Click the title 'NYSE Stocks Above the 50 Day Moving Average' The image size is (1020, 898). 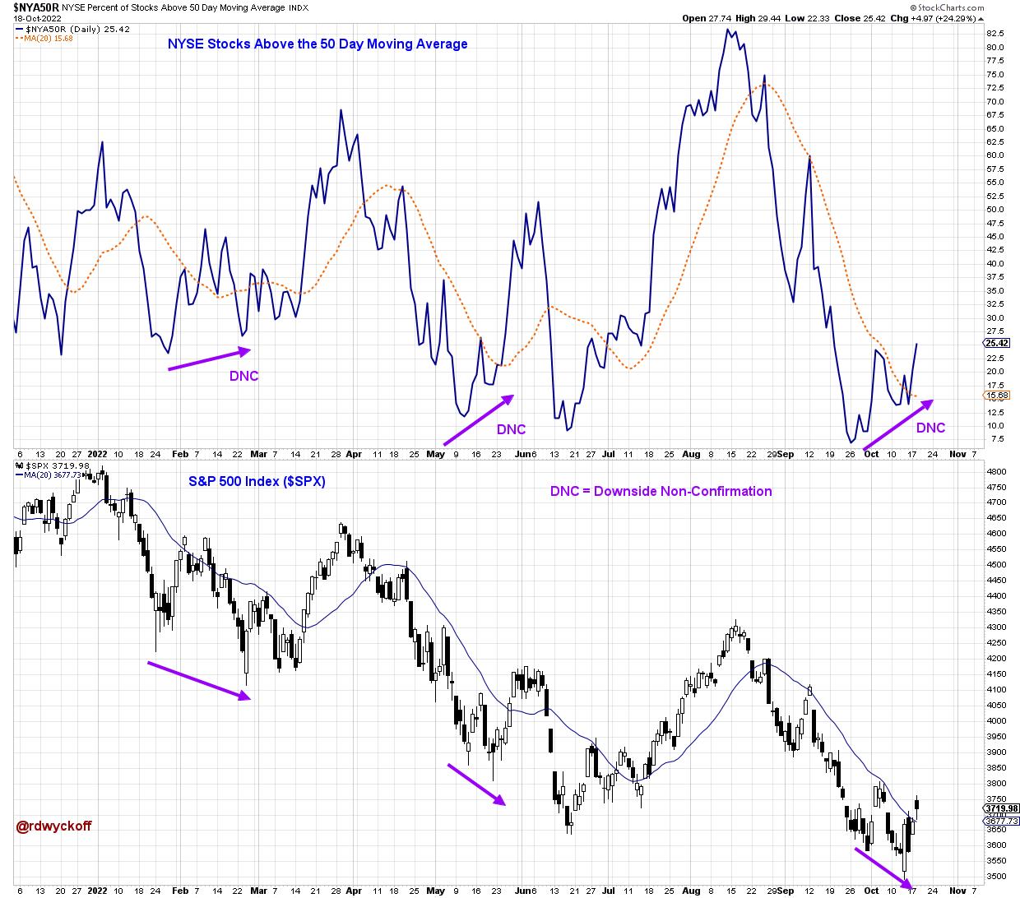[318, 44]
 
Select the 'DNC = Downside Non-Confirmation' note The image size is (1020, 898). [661, 491]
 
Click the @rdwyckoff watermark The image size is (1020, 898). [53, 825]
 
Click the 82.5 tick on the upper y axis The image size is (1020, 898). [994, 34]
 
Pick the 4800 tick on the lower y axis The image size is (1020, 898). [995, 472]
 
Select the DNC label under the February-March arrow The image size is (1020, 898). [243, 376]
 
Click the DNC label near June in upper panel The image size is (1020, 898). [510, 429]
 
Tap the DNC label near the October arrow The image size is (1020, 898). [930, 428]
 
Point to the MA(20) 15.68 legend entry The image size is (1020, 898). [49, 38]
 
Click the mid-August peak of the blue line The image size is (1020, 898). [727, 30]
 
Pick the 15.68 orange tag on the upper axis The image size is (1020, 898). [994, 396]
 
